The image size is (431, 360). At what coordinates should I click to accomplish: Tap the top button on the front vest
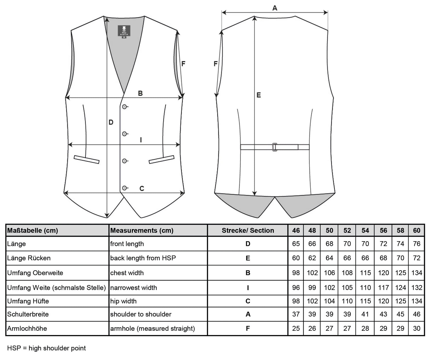pos(124,107)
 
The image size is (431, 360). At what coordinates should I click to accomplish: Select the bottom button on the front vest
pos(124,188)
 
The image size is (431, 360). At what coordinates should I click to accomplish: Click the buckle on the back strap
pos(275,147)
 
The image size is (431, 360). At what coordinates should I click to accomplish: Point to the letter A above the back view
pos(275,8)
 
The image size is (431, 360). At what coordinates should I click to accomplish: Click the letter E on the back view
pos(259,95)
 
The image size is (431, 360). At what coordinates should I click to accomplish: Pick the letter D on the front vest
pos(111,122)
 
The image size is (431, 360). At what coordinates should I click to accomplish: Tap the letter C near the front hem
pos(142,188)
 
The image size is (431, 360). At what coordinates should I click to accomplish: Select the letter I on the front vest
pos(141,140)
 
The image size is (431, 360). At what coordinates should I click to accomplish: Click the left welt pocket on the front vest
pos(86,160)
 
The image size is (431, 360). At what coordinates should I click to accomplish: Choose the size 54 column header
pos(365,230)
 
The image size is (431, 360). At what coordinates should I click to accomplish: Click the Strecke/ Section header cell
pos(248,230)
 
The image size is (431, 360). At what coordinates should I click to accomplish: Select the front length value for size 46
pos(296,244)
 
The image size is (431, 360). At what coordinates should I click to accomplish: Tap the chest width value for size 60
pos(417,273)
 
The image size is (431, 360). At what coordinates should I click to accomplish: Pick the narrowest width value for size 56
pos(383,288)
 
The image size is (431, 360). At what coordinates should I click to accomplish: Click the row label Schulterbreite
pos(28,314)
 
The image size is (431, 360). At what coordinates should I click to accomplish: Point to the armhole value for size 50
pos(329,328)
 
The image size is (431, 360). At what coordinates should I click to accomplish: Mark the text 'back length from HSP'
pos(143,258)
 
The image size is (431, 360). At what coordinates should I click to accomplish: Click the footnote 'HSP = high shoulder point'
pos(47,348)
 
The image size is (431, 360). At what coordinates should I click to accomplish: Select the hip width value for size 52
pos(347,301)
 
